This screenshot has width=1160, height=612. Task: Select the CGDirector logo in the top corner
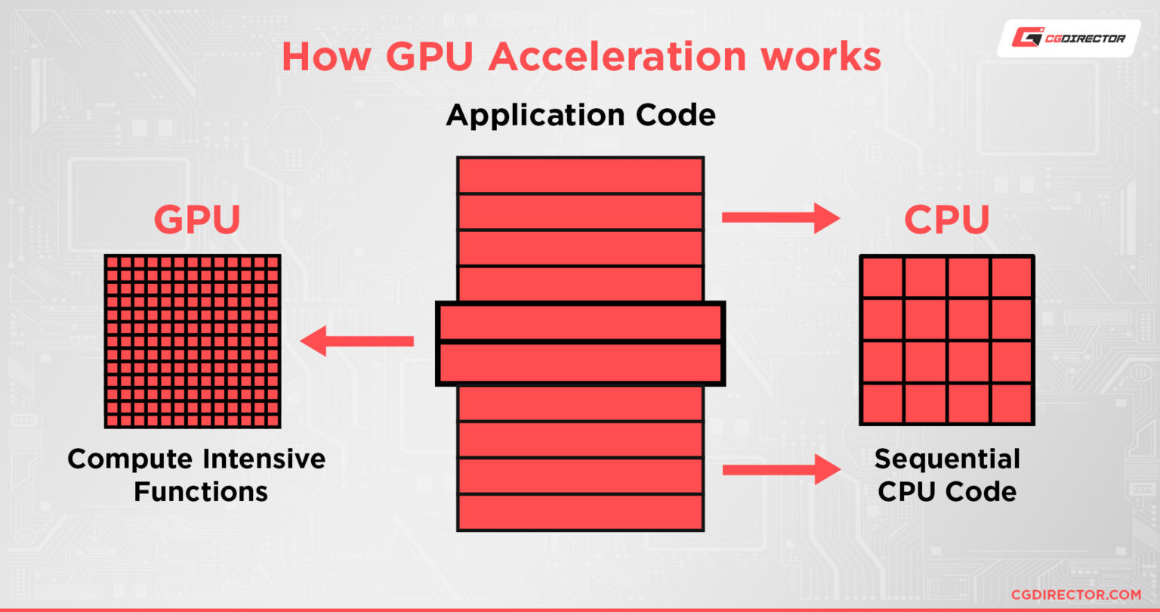tap(1069, 38)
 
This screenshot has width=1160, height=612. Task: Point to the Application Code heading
tap(580, 116)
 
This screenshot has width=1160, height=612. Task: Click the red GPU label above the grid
tap(197, 220)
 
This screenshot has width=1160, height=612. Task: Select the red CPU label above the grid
tap(947, 220)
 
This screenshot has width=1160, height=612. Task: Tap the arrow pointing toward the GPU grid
tap(356, 341)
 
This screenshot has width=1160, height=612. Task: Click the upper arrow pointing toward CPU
tap(781, 218)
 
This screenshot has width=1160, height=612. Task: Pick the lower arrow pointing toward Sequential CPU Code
tap(781, 469)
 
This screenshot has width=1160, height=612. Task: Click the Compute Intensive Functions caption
tap(197, 475)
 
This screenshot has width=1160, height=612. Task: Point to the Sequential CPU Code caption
tap(947, 475)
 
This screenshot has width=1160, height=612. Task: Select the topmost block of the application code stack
tap(580, 175)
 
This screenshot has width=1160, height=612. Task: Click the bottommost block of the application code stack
tap(580, 512)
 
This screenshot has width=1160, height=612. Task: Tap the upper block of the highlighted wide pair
tap(580, 322)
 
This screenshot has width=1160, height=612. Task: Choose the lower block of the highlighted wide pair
tap(580, 363)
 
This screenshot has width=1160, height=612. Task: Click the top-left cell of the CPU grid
tap(883, 277)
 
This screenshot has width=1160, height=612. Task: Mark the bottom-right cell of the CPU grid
tap(1011, 403)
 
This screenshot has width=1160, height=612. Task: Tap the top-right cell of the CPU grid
tap(1011, 277)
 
